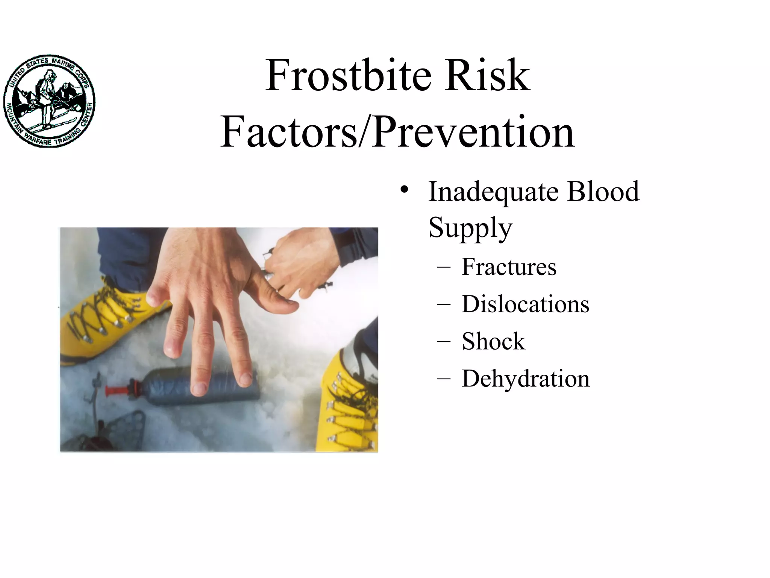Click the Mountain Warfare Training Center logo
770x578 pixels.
pyautogui.click(x=49, y=101)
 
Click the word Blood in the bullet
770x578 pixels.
pyautogui.click(x=603, y=192)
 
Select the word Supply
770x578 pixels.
pyautogui.click(x=470, y=228)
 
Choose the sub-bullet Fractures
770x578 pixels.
pyautogui.click(x=509, y=267)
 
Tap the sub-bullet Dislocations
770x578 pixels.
pyautogui.click(x=525, y=304)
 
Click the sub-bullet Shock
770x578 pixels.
pyautogui.click(x=493, y=341)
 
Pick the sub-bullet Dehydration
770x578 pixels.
pyautogui.click(x=526, y=379)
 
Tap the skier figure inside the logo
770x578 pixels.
pyautogui.click(x=47, y=98)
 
